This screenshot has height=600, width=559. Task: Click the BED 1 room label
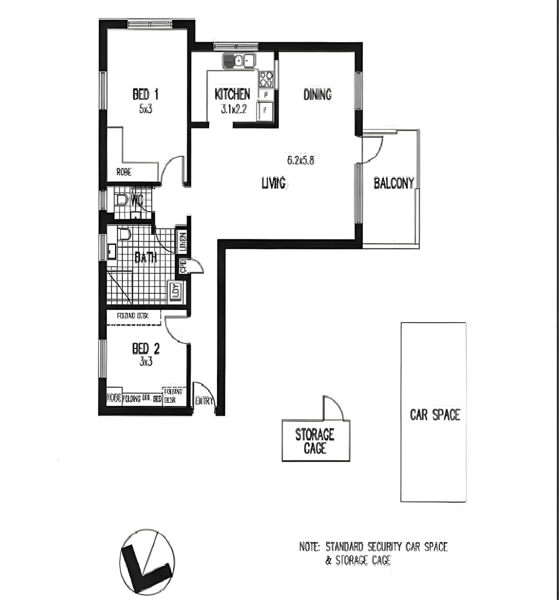pos(146,93)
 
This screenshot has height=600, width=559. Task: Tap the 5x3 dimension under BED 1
pos(146,109)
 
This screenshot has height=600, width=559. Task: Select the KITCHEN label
pos(232,94)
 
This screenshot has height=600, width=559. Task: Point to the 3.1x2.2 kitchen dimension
pos(233,109)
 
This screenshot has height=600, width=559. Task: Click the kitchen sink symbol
pos(239,61)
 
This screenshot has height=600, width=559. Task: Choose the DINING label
pos(317,94)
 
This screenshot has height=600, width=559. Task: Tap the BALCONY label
pos(394,183)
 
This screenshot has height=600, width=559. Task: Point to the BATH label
pos(146,257)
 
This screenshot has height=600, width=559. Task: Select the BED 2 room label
pos(146,348)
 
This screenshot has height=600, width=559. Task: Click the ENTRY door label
pos(204,401)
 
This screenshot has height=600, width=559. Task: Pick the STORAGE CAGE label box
pos(315,441)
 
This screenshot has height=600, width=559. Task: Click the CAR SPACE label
pos(435,414)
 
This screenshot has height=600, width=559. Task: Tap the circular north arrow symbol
pos(147,561)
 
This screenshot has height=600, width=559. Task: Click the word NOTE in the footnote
pos(309,547)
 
